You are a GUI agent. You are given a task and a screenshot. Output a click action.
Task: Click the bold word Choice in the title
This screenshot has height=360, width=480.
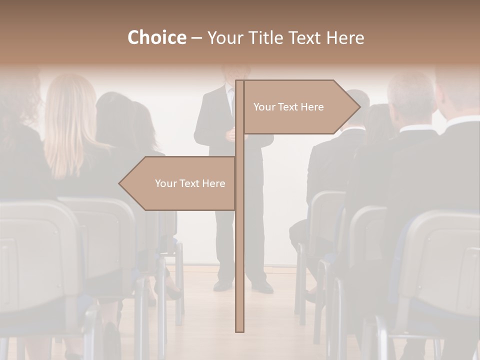[156, 38]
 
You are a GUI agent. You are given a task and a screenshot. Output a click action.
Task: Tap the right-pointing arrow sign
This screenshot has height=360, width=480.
[300, 107]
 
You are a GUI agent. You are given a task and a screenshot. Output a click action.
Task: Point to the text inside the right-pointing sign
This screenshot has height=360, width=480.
[288, 107]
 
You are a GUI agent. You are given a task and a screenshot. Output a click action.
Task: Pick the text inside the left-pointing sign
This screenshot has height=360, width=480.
[190, 183]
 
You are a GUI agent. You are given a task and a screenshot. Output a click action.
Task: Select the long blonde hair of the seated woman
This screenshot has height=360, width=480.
[70, 120]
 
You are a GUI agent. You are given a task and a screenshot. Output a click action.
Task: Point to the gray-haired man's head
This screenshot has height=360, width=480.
[411, 97]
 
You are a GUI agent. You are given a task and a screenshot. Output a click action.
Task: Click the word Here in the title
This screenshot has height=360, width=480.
[345, 38]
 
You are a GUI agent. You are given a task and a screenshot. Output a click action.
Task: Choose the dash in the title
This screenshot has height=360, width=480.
[196, 38]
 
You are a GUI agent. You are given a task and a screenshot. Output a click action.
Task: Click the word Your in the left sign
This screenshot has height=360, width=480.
[165, 183]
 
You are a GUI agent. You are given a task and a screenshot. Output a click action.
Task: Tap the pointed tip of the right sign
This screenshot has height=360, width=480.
[358, 107]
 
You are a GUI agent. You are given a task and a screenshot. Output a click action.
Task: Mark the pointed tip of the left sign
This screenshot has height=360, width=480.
[120, 183]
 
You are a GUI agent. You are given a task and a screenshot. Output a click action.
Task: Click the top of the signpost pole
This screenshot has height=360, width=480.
[239, 82]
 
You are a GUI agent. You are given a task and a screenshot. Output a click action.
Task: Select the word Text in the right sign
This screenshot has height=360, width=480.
[288, 107]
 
